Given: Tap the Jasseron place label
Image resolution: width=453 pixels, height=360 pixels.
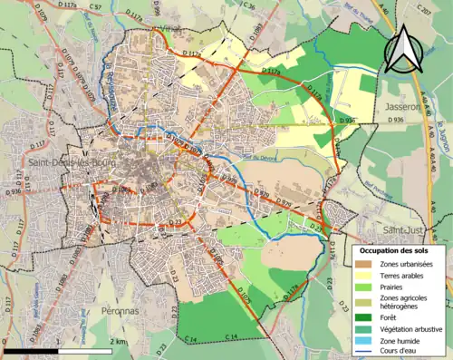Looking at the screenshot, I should click(405, 106).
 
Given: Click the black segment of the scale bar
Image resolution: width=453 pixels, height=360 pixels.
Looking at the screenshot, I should click(31, 350).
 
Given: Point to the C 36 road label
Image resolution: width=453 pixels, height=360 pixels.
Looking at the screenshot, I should click(250, 6).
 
